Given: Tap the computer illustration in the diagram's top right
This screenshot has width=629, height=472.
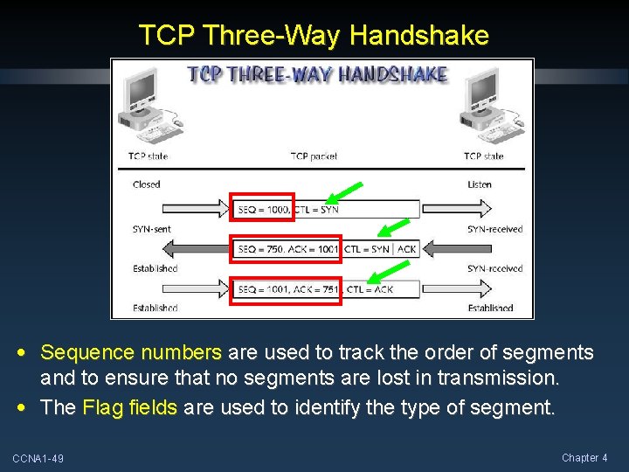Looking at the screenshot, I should [x=493, y=104].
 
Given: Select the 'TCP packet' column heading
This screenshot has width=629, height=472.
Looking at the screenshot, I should [x=314, y=156].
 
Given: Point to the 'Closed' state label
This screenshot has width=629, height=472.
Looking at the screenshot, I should [x=147, y=184].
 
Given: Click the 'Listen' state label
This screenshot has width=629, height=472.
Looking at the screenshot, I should [x=479, y=184].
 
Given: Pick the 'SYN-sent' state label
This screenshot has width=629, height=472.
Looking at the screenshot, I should [x=152, y=229].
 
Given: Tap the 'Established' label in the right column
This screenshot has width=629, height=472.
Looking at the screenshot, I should [x=490, y=308].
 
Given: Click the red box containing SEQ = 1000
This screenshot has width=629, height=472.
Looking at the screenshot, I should [x=262, y=209].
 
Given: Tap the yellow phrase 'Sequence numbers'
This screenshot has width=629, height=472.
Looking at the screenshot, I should [x=131, y=353].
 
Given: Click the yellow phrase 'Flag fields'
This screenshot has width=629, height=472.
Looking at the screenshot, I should [x=130, y=407].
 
